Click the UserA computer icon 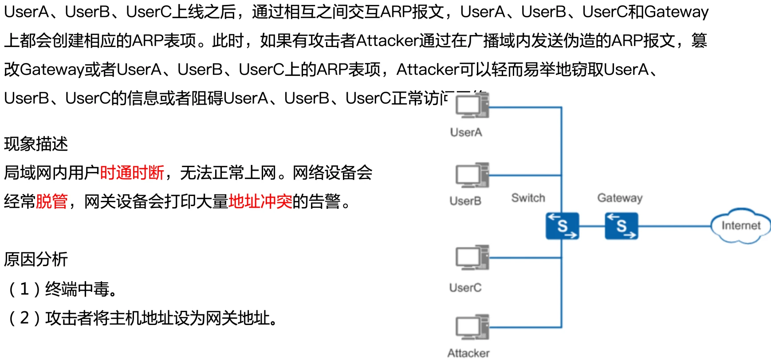pyautogui.click(x=472, y=107)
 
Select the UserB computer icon pyautogui.click(x=472, y=175)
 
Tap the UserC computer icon pyautogui.click(x=472, y=258)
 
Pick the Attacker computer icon pyautogui.click(x=472, y=327)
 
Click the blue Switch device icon pyautogui.click(x=562, y=226)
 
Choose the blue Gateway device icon pyautogui.click(x=621, y=226)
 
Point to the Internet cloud pyautogui.click(x=740, y=226)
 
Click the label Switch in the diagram pyautogui.click(x=528, y=198)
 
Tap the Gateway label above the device pyautogui.click(x=620, y=198)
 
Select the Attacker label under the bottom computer pyautogui.click(x=468, y=353)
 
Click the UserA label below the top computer pyautogui.click(x=466, y=132)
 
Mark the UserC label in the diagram pyautogui.click(x=465, y=288)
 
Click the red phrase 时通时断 pyautogui.click(x=132, y=172)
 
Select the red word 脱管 pyautogui.click(x=51, y=201)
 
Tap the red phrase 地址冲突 pyautogui.click(x=260, y=201)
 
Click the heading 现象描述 pyautogui.click(x=36, y=144)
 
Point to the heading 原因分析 pyautogui.click(x=36, y=259)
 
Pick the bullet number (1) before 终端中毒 pyautogui.click(x=24, y=289)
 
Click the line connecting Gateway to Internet pyautogui.click(x=674, y=226)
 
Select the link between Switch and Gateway pyautogui.click(x=592, y=226)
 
